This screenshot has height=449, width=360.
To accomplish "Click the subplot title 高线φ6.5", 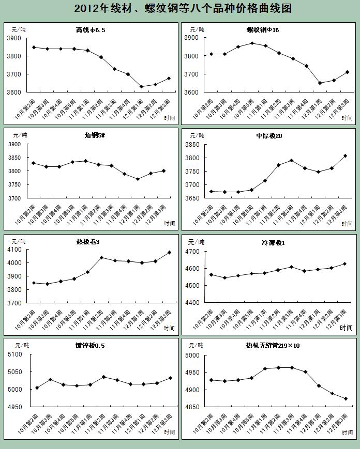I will (91, 30).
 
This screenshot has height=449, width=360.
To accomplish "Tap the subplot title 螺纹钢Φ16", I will (263, 30).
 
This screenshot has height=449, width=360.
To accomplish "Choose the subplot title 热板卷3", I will (88, 242).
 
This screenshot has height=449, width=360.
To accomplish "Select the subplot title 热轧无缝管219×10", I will (273, 346).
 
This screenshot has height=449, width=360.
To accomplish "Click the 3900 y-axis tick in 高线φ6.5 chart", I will (14, 38).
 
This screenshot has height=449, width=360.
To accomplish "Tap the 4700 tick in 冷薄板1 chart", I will (192, 252).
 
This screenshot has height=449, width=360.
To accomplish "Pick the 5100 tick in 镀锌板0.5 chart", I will (16, 354).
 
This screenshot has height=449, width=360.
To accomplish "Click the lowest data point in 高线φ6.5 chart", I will (141, 86).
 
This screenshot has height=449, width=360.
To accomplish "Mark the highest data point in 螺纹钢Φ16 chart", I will (252, 43).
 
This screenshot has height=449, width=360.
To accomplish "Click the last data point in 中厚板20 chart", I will (346, 156).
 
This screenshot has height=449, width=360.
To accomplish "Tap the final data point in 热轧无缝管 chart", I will (346, 398).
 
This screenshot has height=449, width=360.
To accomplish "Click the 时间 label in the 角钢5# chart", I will (170, 223).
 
